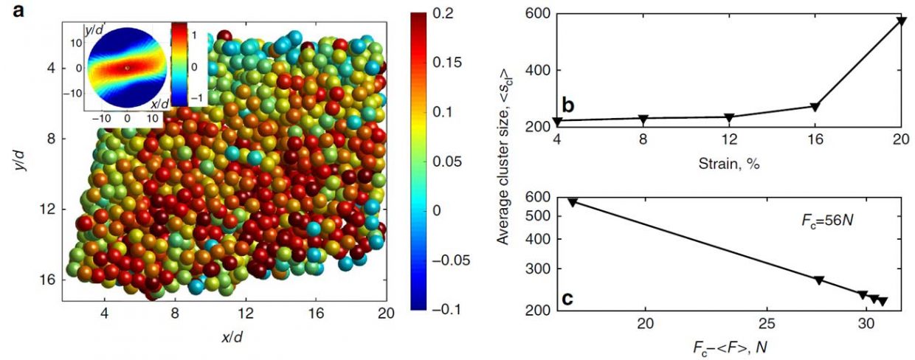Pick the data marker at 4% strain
click(558, 121)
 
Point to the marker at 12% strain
click(729, 117)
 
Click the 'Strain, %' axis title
click(729, 163)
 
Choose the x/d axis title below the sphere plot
click(231, 336)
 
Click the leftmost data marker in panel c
click(573, 201)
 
